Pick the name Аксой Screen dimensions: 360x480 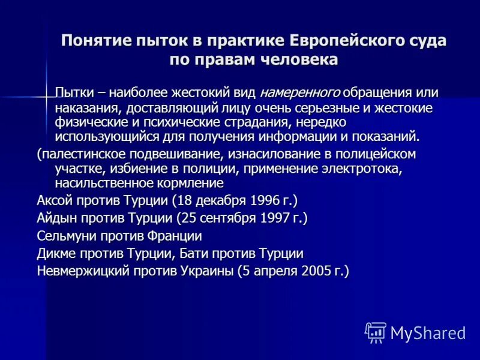tap(54, 200)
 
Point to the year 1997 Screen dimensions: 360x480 tap(272, 217)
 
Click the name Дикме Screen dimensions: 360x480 tap(55, 253)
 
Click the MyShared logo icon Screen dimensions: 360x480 tap(376, 332)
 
